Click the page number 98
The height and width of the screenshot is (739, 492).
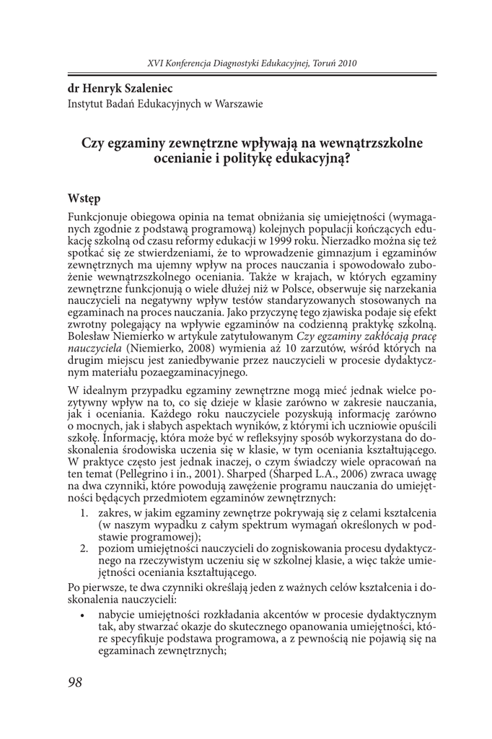75,683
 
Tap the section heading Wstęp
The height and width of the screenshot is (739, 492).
84,198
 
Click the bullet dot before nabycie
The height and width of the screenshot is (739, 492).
86,615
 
